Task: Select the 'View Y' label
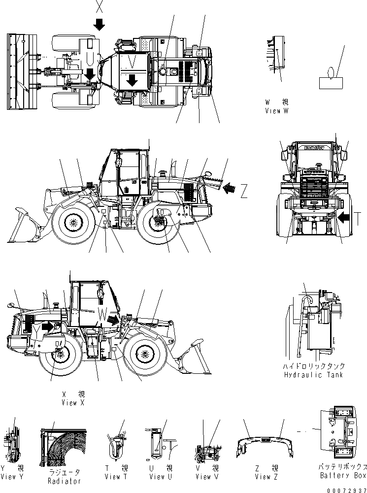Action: (x=12, y=477)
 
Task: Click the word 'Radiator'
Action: (x=64, y=481)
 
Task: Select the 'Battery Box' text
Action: (x=343, y=475)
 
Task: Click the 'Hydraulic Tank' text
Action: (x=314, y=375)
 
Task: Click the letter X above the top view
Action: (x=100, y=7)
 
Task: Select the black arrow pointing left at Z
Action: (x=230, y=188)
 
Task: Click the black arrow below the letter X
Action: (x=100, y=24)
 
